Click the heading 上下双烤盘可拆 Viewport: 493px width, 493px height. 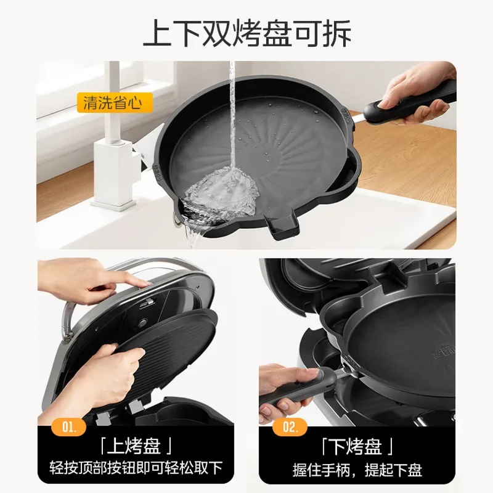247,33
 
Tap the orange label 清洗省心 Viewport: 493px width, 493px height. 115,103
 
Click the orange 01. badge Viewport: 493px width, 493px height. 68,426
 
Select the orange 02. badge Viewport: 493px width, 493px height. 290,426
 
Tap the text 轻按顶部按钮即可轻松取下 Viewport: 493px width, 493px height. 136,468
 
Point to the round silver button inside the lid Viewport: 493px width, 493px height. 144,323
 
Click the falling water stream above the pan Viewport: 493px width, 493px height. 232,116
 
